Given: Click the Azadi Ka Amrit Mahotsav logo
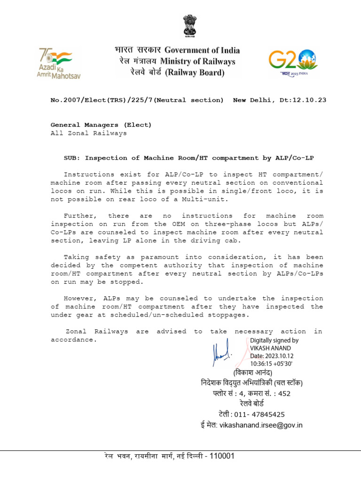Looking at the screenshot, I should pos(55,62).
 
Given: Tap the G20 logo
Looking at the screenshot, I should pos(293,62).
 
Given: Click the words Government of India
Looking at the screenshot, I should pos(208,50).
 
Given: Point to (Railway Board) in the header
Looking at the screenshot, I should pos(192,73).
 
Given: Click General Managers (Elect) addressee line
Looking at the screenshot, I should pos(101,125).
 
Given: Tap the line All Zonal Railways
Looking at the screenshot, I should pos(89,133).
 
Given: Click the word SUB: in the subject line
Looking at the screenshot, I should pos(71,158).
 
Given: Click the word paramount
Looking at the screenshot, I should pos(147,257).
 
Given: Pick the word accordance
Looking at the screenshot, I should pos(73,340).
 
